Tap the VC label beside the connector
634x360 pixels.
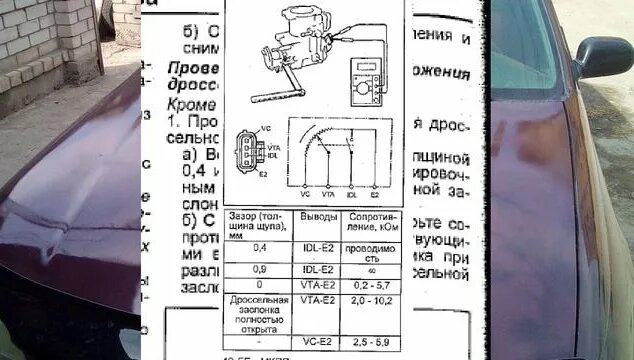coord(264,128)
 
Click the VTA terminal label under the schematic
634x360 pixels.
coord(328,193)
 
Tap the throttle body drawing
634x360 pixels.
coord(284,45)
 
